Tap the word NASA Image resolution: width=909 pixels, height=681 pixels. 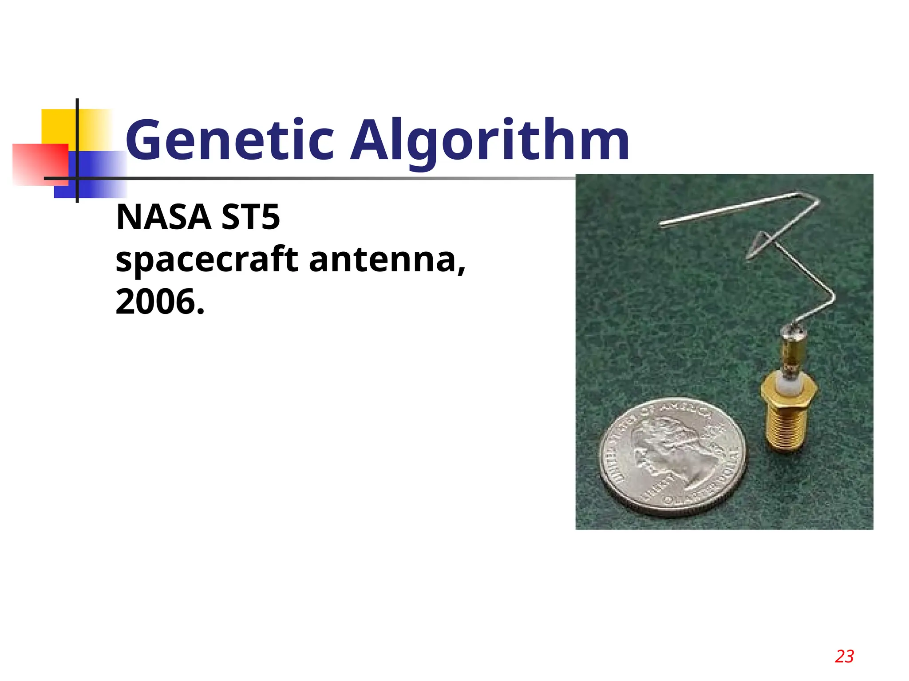pos(163,217)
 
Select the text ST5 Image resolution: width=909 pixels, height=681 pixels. pos(250,217)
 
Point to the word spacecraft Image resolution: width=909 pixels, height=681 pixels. pos(207,260)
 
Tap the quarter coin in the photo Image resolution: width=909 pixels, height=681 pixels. pos(672,457)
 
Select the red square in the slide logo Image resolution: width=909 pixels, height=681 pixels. pos(40,164)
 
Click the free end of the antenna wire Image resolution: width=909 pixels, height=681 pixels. pos(662,224)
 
